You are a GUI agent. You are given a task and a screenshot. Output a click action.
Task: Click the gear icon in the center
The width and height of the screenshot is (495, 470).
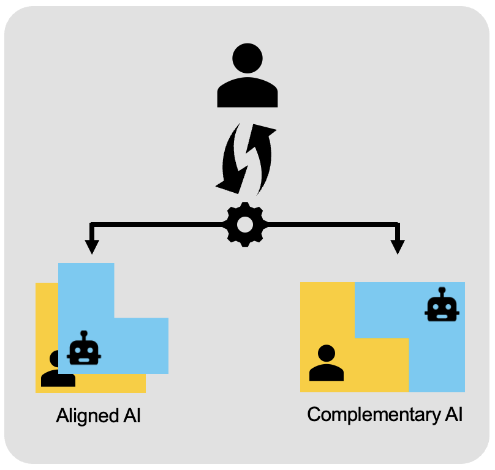[x=245, y=224]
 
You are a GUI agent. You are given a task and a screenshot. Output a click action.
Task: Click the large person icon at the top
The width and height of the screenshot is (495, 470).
[x=247, y=76]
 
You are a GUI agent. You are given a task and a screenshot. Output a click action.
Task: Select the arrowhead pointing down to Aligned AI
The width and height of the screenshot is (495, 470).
[x=92, y=246]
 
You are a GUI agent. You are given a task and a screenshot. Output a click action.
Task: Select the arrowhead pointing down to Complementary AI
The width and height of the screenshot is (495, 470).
[x=398, y=246]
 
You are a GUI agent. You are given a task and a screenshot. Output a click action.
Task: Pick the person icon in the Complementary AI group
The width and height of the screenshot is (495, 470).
[x=327, y=364]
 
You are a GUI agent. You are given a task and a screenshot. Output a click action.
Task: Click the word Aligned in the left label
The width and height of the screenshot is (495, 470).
[x=85, y=416]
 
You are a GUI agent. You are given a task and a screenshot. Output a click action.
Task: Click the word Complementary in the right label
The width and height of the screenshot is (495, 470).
[x=372, y=415]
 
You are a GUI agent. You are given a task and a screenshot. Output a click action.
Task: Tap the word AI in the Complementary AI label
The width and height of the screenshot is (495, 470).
[x=452, y=414]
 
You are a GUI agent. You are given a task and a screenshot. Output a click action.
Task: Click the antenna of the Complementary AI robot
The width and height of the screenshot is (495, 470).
[x=442, y=289]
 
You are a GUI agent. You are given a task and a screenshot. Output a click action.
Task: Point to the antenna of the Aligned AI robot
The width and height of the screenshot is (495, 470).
[x=84, y=334]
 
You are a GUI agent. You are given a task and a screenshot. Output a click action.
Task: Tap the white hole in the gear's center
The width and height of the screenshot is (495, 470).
[x=245, y=225]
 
